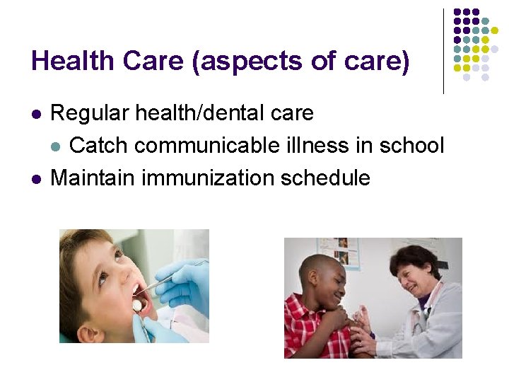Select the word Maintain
[93, 178]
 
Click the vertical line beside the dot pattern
[444, 51]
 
